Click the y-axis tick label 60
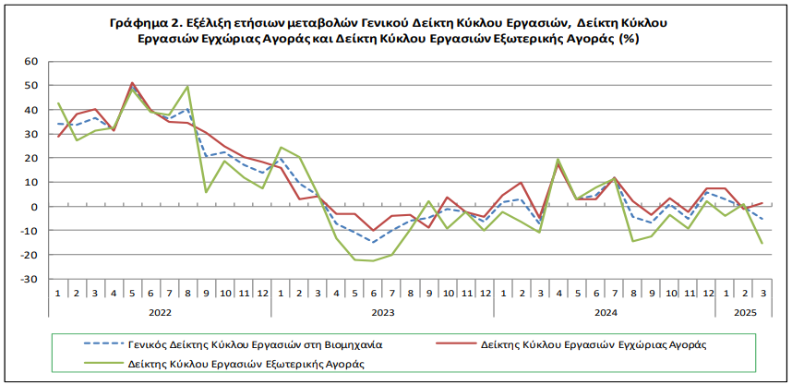[x=30, y=62]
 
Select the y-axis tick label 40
[x=30, y=110]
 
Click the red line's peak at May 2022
[x=133, y=83]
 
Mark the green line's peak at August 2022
[x=188, y=87]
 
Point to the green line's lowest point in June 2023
[x=374, y=260]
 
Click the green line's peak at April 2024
[x=558, y=159]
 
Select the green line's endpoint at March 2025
[x=762, y=243]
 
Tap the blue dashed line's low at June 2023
[x=374, y=242]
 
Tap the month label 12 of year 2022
[x=262, y=293]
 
